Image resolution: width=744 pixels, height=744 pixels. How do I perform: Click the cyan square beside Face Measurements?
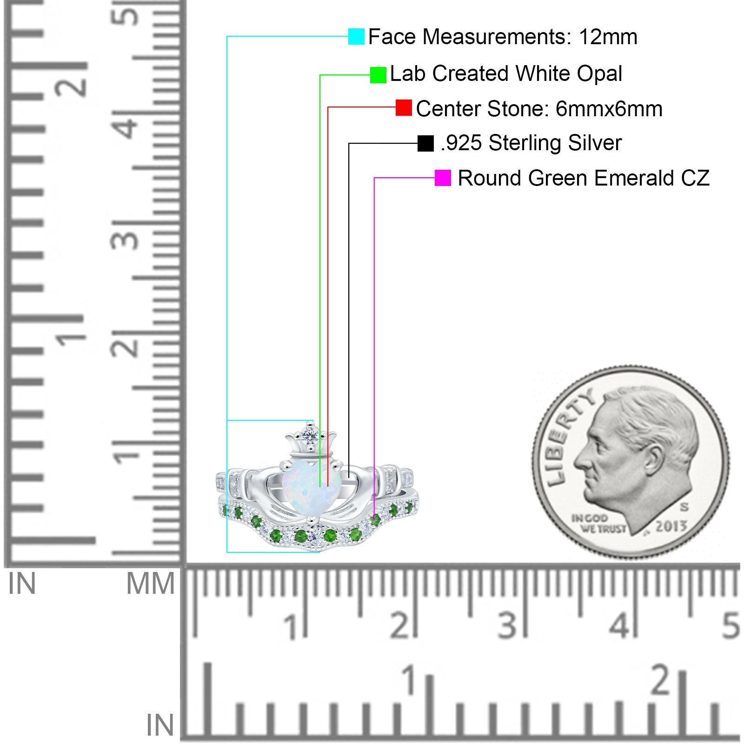tap(356, 36)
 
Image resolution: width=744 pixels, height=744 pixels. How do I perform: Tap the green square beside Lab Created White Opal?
tap(378, 75)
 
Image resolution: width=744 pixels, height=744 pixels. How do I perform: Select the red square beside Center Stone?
tap(404, 108)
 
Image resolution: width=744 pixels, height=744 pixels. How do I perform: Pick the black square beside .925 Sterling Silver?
tap(425, 143)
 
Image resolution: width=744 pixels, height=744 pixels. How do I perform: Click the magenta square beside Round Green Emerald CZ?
tap(443, 178)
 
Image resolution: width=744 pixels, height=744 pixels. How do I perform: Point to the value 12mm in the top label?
tap(608, 37)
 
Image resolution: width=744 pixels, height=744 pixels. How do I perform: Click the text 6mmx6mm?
tap(609, 109)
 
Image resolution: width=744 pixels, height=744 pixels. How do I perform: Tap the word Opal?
tap(599, 74)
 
